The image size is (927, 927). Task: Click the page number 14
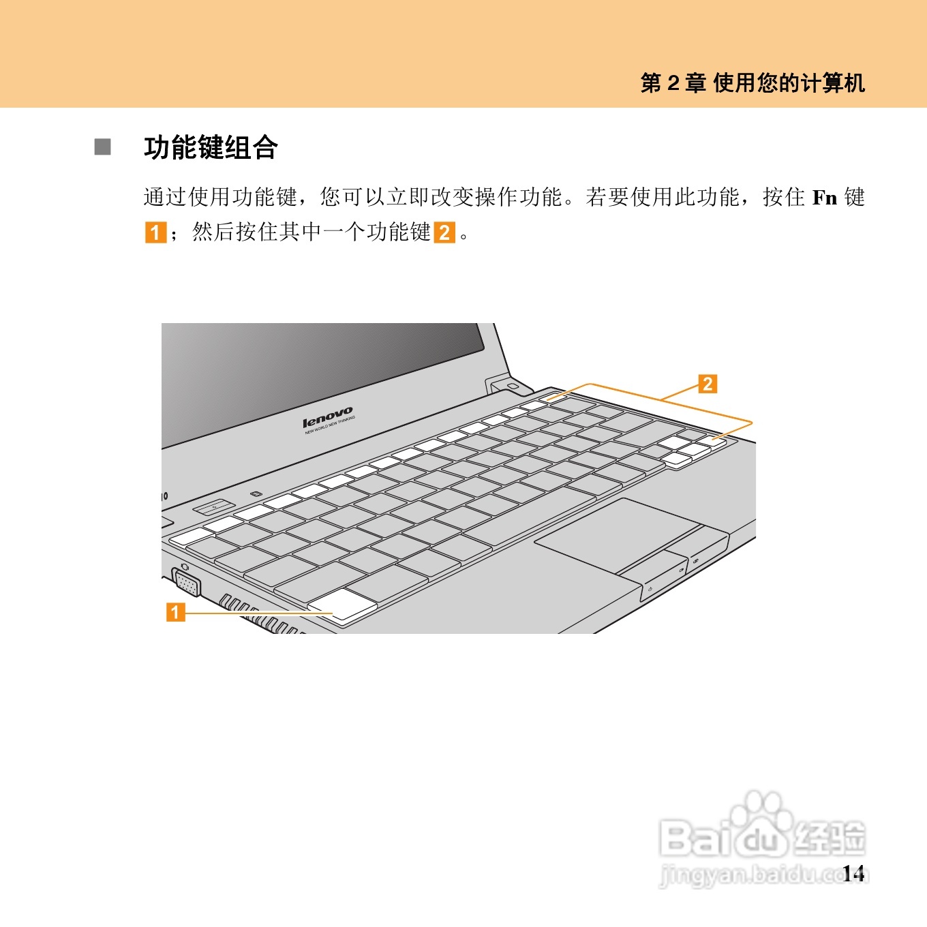[x=853, y=873]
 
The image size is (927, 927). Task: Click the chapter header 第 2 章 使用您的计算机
[x=753, y=83]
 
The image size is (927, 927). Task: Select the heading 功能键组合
[x=211, y=148]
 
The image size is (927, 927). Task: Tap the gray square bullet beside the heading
[x=103, y=147]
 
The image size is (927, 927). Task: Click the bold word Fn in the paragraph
[x=824, y=198]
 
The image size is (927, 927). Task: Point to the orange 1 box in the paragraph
[x=155, y=232]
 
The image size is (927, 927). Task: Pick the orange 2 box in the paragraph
[x=444, y=232]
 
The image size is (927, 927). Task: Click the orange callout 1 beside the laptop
[x=176, y=611]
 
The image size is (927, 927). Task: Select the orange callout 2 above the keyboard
[x=708, y=384]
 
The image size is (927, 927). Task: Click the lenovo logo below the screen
[x=328, y=418]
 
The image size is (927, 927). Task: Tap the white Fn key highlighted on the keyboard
[x=342, y=605]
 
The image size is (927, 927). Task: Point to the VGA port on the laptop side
[x=187, y=583]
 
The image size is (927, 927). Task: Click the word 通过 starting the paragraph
[x=165, y=198]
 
